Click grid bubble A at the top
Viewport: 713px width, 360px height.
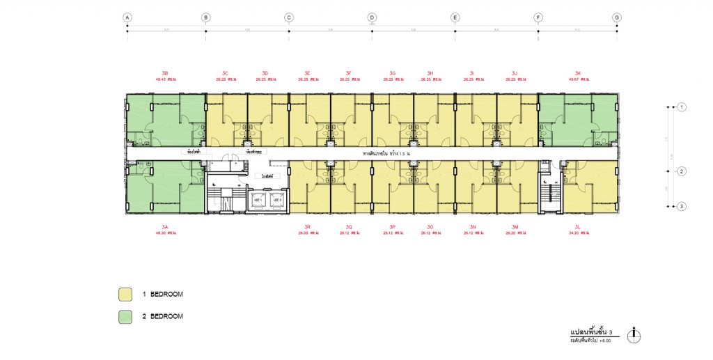pos(127,17)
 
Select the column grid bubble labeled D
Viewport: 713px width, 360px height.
pos(372,17)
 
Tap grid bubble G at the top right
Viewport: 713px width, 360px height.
pos(617,17)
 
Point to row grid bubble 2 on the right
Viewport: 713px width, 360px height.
pos(682,171)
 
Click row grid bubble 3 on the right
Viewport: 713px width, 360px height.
pos(682,206)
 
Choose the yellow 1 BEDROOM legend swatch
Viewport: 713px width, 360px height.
pos(125,295)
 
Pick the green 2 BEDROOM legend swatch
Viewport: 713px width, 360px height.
pos(125,317)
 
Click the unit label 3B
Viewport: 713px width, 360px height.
pos(165,73)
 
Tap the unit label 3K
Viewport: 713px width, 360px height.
pos(578,73)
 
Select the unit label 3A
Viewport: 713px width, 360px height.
pos(165,227)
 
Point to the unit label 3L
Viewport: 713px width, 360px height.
pos(578,227)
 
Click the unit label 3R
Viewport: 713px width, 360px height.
pos(307,227)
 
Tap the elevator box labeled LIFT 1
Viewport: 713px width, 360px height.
pos(257,200)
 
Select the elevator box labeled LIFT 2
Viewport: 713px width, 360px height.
pos(276,200)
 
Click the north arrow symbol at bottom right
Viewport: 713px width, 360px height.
pos(634,336)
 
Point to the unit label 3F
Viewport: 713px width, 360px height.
pos(348,73)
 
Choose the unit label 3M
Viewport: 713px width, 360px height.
pos(515,227)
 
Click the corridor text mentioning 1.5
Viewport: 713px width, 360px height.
pos(384,152)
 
